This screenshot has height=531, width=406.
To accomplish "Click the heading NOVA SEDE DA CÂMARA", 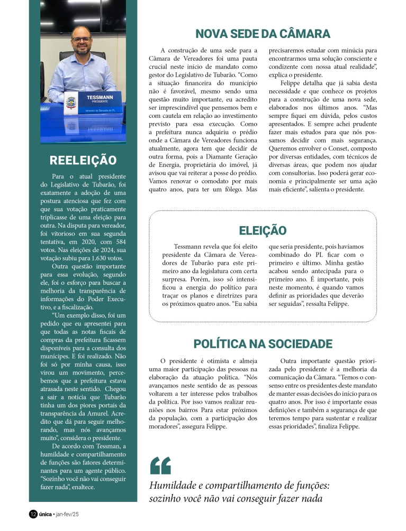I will tap(263, 34).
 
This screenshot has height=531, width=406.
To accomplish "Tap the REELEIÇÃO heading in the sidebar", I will tap(83, 160).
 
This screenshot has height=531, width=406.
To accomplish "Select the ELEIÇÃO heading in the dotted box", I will tap(263, 230).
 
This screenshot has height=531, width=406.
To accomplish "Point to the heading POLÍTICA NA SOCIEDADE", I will tap(263, 344).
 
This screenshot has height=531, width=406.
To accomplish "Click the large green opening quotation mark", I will tap(160, 465).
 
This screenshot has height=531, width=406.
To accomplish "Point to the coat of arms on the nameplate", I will tap(69, 102).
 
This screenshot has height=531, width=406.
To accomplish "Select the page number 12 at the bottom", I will tap(33, 514).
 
